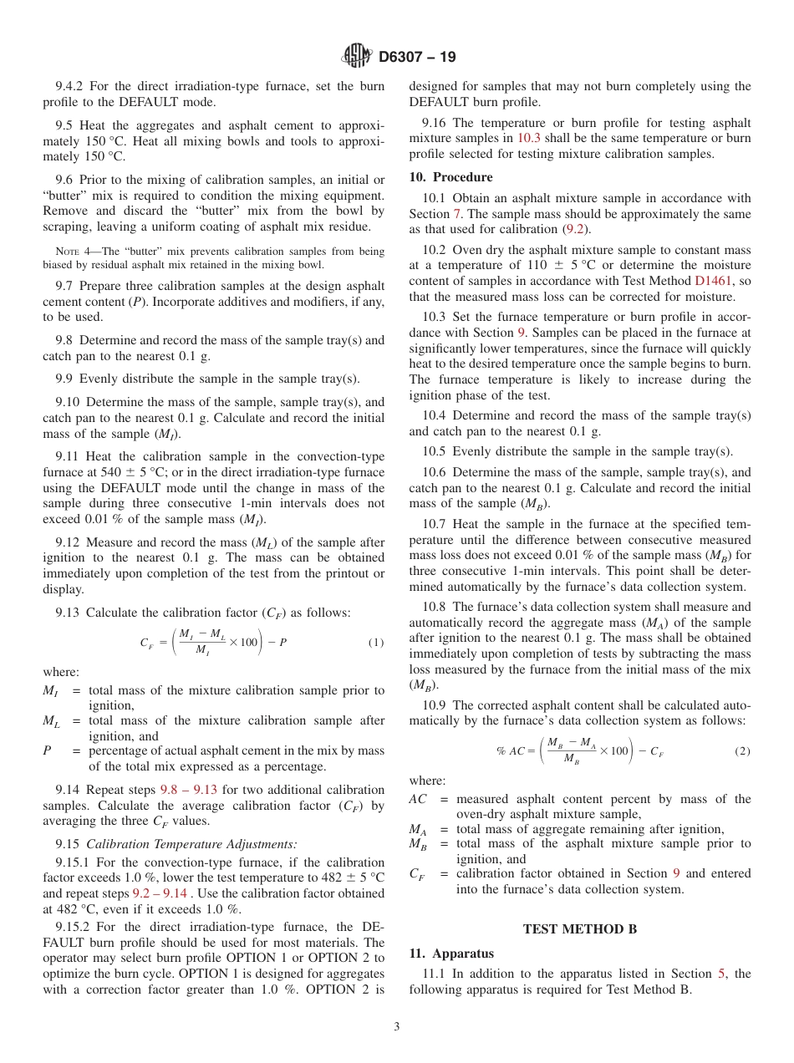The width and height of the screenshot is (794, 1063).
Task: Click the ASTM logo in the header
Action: click(x=357, y=57)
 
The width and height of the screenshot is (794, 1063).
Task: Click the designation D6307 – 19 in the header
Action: click(x=417, y=58)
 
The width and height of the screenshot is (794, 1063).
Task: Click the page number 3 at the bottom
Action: click(x=397, y=1027)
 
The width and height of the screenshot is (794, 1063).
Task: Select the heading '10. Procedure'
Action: click(x=450, y=177)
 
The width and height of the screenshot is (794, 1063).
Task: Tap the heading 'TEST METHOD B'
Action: click(x=573, y=928)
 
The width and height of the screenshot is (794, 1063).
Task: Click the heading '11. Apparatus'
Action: click(x=451, y=953)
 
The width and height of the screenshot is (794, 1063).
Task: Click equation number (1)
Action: click(x=376, y=642)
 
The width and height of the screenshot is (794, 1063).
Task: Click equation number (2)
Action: click(x=742, y=751)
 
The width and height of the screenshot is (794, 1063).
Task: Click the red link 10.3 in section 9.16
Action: click(x=529, y=138)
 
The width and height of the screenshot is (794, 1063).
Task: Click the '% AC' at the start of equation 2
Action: click(x=511, y=751)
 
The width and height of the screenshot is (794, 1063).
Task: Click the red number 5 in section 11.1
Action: click(x=722, y=974)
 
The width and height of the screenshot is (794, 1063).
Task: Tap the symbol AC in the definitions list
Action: click(x=418, y=799)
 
